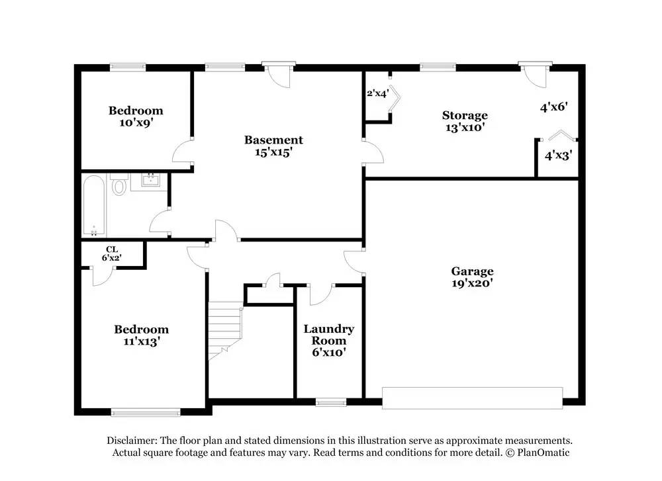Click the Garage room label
pyautogui.click(x=472, y=271)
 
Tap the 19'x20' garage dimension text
pyautogui.click(x=472, y=283)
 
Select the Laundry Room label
pyautogui.click(x=329, y=334)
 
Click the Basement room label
pyautogui.click(x=273, y=140)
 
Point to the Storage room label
pyautogui.click(x=465, y=115)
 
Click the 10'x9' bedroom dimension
pyautogui.click(x=136, y=122)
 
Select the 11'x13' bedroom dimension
pyautogui.click(x=141, y=341)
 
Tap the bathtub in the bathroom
pyautogui.click(x=93, y=205)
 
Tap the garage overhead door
pyautogui.click(x=472, y=398)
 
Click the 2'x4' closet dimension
pyautogui.click(x=377, y=94)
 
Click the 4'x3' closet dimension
pyautogui.click(x=558, y=156)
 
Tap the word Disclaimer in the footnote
pyautogui.click(x=132, y=441)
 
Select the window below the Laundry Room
pyautogui.click(x=330, y=402)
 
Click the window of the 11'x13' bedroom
pyautogui.click(x=146, y=412)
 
